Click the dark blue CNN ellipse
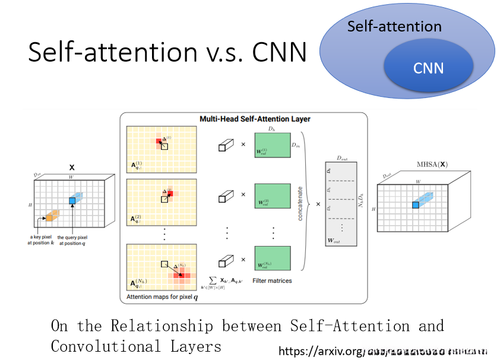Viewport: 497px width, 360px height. [x=429, y=68]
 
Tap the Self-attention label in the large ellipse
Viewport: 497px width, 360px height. [x=394, y=27]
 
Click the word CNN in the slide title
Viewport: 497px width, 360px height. [x=280, y=52]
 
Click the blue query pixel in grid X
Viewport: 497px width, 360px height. [x=72, y=201]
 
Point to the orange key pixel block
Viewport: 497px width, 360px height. [x=51, y=216]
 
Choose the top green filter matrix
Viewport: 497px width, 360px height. [x=272, y=144]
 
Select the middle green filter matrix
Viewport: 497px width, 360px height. [x=272, y=195]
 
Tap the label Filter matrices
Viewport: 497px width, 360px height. [x=271, y=280]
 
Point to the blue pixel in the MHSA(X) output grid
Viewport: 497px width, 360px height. [x=416, y=205]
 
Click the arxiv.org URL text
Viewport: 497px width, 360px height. [x=321, y=352]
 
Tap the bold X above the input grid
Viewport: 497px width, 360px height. [x=72, y=168]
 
